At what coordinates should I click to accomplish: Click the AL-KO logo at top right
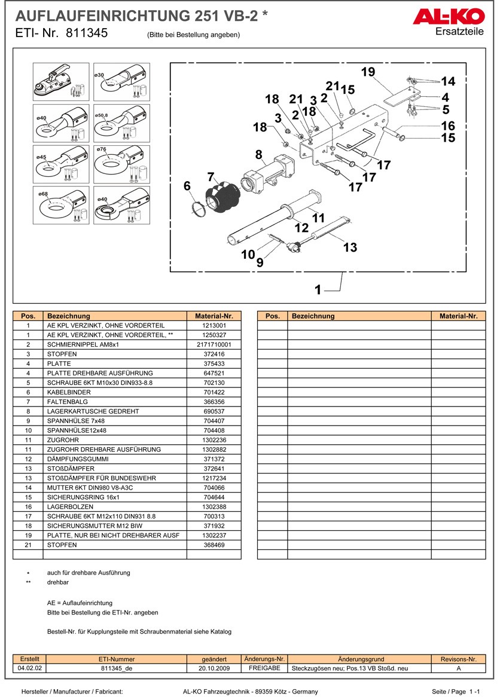pos(448,17)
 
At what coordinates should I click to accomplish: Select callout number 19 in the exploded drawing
pos(368,72)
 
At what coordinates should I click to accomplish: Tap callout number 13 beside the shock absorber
pos(350,247)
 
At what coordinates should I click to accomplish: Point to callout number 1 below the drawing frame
pos(318,290)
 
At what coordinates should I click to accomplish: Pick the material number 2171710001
pos(214,345)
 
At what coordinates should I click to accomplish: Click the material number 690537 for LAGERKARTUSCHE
pos(214,411)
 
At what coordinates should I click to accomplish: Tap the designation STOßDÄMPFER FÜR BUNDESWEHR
pos(101,478)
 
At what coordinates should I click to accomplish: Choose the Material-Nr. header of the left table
pos(214,316)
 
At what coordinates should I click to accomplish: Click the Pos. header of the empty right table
pos(272,316)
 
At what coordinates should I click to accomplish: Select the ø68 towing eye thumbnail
pos(60,205)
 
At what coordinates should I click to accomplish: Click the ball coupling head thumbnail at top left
pos(60,82)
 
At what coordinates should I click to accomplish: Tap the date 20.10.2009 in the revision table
pos(214,668)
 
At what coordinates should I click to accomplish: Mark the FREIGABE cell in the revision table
pos(264,668)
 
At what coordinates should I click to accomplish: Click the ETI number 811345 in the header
pos(87,33)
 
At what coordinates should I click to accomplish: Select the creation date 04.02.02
pos(30,668)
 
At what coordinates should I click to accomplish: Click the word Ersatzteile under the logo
pos(459,32)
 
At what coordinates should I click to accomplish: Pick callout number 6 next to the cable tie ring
pos(187,187)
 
